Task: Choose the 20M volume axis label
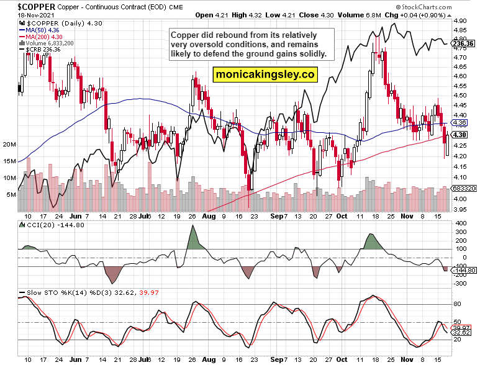9,144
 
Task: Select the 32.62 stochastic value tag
461,333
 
